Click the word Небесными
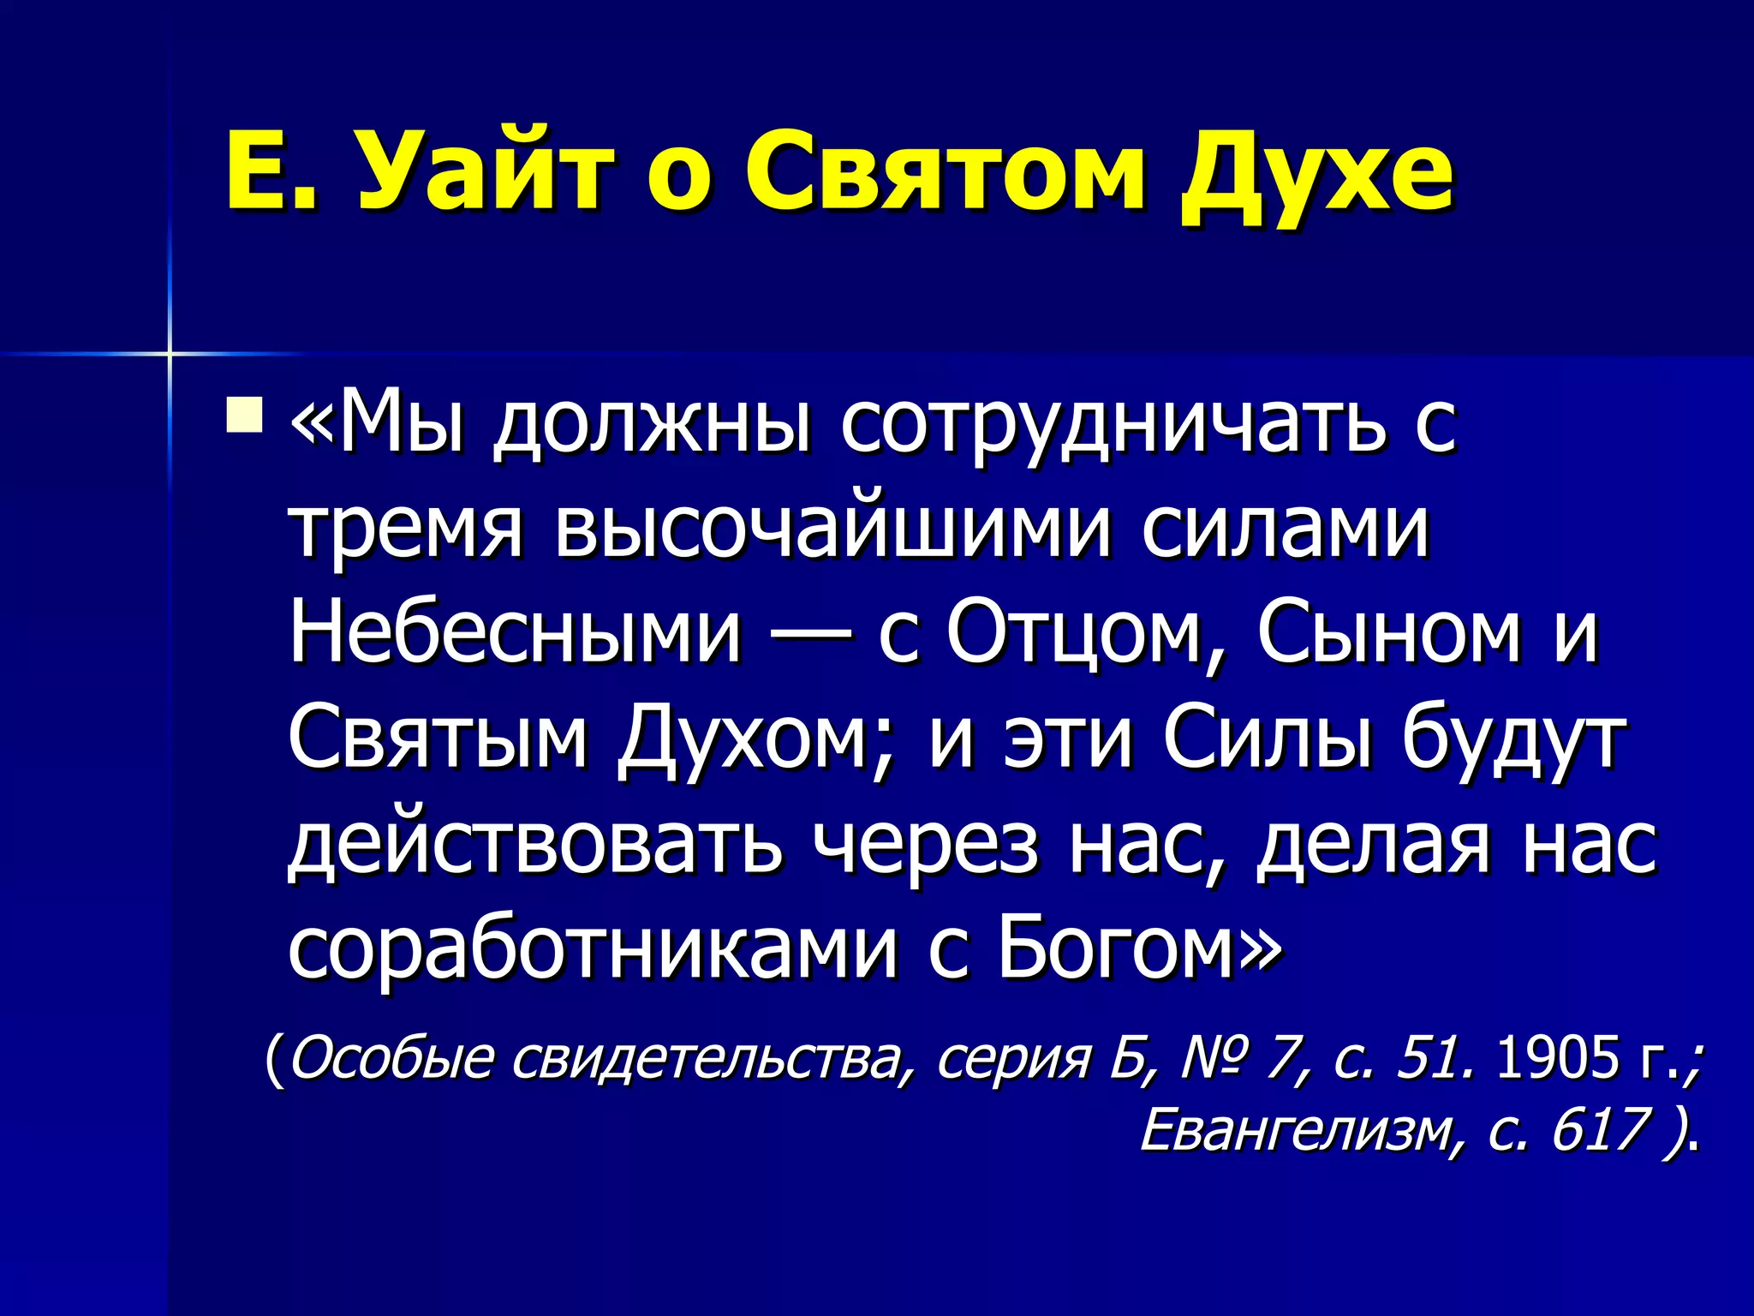tap(515, 633)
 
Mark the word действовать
tap(535, 844)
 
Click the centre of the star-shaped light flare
tap(170, 353)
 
